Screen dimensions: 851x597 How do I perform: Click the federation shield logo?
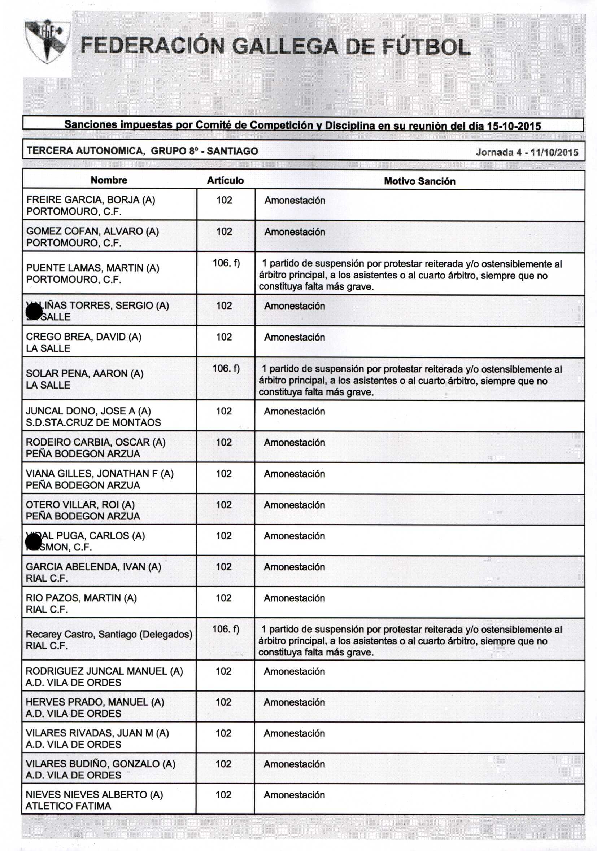pos(47,42)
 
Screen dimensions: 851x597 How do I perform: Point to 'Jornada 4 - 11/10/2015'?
pos(527,152)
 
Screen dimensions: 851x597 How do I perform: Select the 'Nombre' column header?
pos(109,180)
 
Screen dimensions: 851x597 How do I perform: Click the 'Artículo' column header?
pos(225,180)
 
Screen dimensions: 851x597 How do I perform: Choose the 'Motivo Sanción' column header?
pos(419,181)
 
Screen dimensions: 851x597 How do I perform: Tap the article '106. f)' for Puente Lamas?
pos(226,263)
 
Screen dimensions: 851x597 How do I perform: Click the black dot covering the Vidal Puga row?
pos(34,543)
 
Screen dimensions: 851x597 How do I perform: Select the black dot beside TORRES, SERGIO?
pos(35,311)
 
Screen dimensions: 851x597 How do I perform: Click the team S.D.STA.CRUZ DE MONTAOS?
pos(93,422)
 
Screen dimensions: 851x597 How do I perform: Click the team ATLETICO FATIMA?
pos(68,806)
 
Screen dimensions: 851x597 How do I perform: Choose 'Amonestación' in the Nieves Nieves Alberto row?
pos(294,795)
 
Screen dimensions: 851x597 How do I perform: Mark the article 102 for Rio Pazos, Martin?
pos(223,598)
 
